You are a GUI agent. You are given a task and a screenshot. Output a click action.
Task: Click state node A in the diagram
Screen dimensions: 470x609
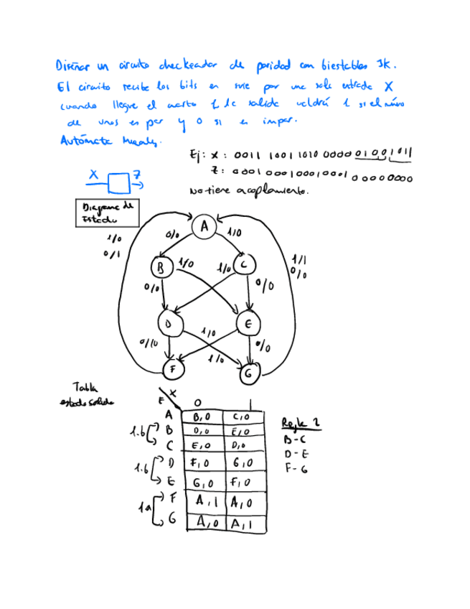pyautogui.click(x=204, y=227)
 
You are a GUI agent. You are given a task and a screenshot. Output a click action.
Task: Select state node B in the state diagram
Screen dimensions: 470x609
pyautogui.click(x=161, y=268)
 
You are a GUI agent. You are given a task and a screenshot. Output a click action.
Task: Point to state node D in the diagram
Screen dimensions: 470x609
pyautogui.click(x=170, y=324)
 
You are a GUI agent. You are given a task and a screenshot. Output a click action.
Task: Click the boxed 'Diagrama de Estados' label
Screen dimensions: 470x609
pyautogui.click(x=108, y=213)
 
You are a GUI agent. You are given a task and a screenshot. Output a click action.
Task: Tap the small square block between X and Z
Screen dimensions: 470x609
pyautogui.click(x=118, y=183)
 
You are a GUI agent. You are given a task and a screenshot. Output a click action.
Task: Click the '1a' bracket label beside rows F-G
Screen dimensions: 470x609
pyautogui.click(x=144, y=508)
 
